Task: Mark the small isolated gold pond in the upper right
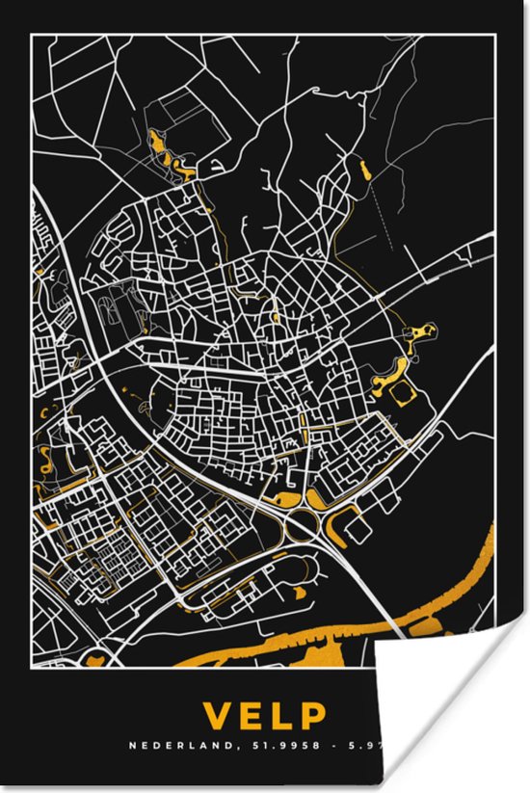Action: click(364, 171)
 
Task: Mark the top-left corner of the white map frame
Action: click(32, 35)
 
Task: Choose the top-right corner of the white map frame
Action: click(498, 35)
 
